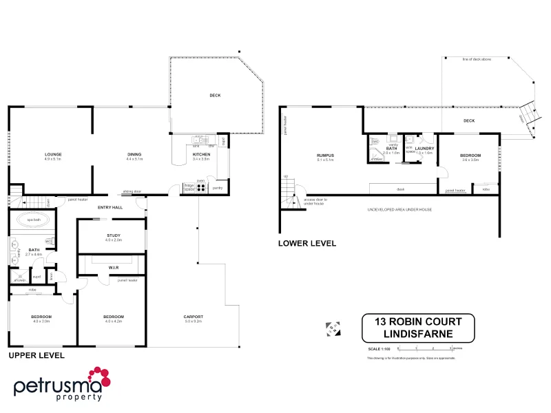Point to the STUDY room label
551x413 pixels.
(113, 236)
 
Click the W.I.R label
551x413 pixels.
(114, 268)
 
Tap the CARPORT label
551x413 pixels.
(194, 317)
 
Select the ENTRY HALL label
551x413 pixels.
(110, 207)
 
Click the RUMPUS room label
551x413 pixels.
(326, 156)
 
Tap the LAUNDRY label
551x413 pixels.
(424, 148)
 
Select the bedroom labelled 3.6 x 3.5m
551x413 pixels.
(470, 156)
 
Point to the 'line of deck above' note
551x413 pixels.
(477, 60)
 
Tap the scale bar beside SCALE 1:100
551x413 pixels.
(424, 349)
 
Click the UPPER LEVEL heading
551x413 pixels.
(36, 356)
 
